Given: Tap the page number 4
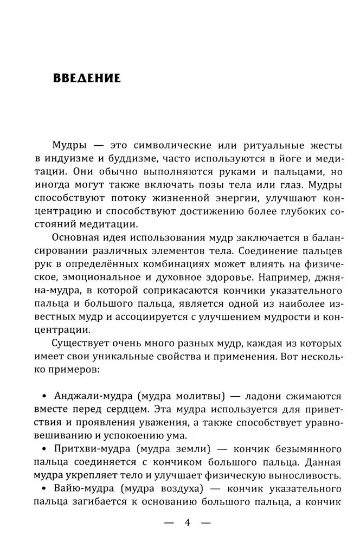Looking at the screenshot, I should coord(187,523).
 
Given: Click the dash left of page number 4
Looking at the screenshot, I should coord(169,523).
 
